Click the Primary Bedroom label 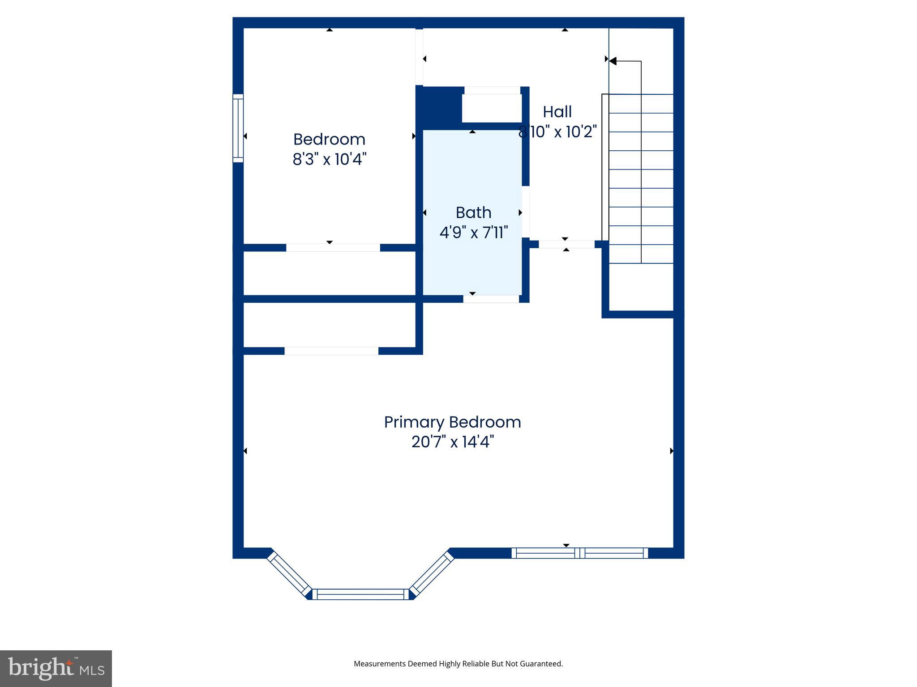point(452,422)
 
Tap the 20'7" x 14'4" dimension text point(452,442)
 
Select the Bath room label point(473,212)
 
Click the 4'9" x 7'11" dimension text point(473,233)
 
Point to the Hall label point(557,112)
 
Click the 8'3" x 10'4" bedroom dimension point(329,159)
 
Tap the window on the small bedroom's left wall point(238,128)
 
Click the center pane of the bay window point(360,594)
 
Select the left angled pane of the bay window point(289,575)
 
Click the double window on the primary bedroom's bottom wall point(579,553)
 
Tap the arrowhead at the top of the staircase point(613,61)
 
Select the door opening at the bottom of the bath point(491,299)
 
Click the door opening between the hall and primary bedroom point(566,244)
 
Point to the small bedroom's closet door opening point(333,248)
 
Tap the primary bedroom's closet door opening point(331,351)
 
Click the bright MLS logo point(56,668)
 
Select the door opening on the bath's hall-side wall point(526,212)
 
